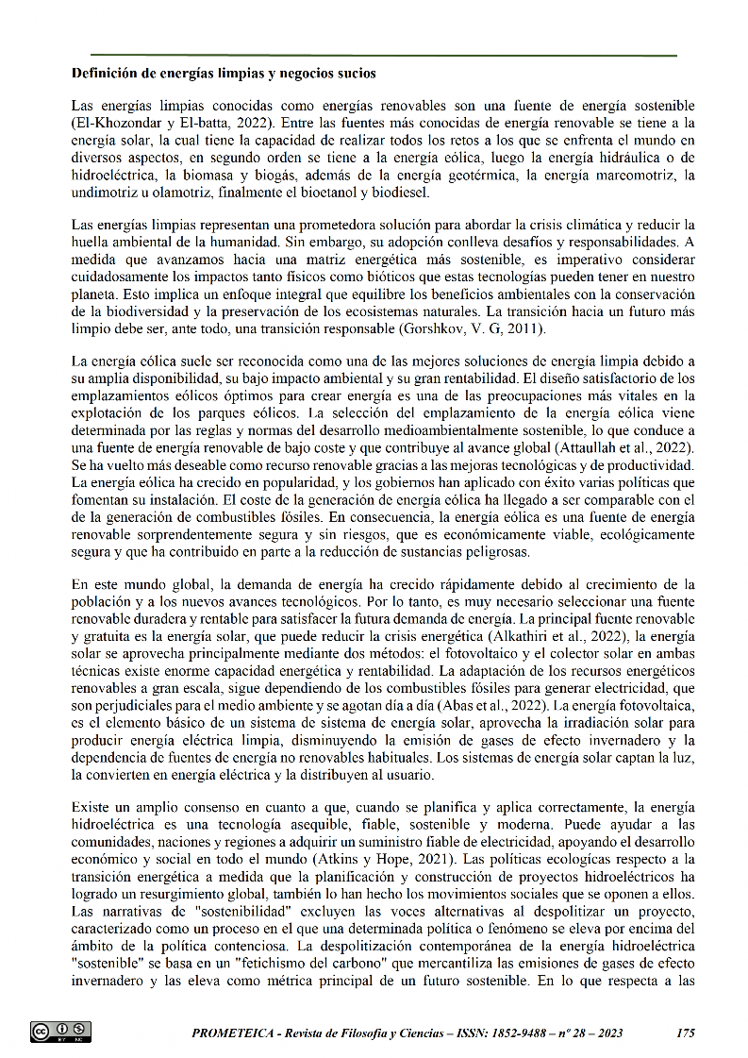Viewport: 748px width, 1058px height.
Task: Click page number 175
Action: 686,1033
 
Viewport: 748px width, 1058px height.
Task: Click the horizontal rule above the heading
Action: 383,56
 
